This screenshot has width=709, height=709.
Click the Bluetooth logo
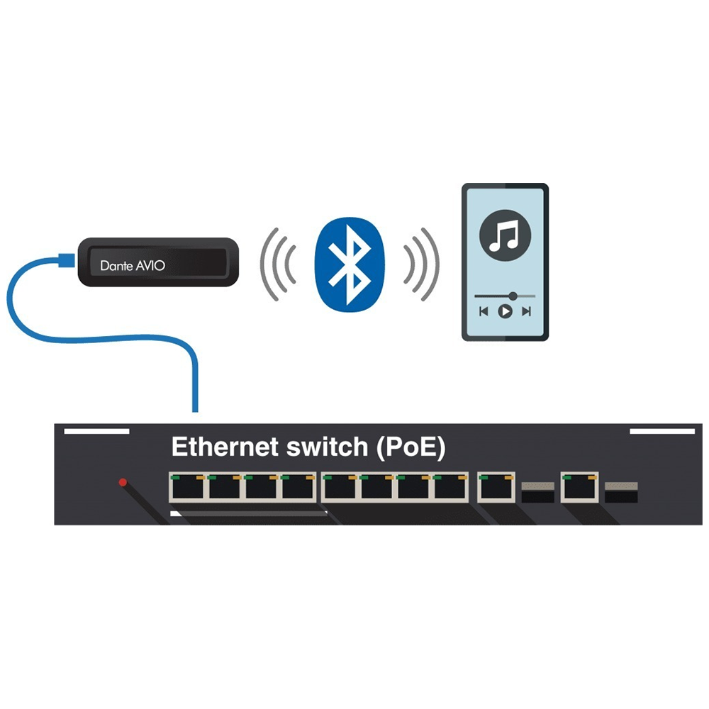tap(350, 264)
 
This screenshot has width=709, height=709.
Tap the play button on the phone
tap(505, 311)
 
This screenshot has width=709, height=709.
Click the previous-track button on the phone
tap(484, 311)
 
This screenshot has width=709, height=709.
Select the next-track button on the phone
tap(526, 311)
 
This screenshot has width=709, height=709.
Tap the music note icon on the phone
tap(505, 235)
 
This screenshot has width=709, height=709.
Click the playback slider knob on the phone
tap(513, 296)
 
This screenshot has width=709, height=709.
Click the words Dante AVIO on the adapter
tap(133, 265)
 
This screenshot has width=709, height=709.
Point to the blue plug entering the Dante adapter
tap(67, 260)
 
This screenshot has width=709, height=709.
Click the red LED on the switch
tap(123, 482)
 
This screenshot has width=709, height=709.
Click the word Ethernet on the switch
tap(225, 447)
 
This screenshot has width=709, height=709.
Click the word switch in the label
tap(327, 447)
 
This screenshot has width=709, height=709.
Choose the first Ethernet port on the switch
tap(187, 487)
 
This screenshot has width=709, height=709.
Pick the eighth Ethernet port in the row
tap(450, 487)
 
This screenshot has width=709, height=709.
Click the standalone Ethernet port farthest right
tap(580, 487)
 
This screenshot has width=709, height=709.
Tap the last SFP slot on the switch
tap(621, 492)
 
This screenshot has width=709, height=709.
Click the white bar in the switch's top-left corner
tap(96, 431)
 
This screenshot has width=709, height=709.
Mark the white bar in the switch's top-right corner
tap(662, 431)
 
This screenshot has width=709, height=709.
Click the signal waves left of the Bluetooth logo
tap(277, 264)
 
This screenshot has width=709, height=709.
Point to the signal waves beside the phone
tap(422, 264)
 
